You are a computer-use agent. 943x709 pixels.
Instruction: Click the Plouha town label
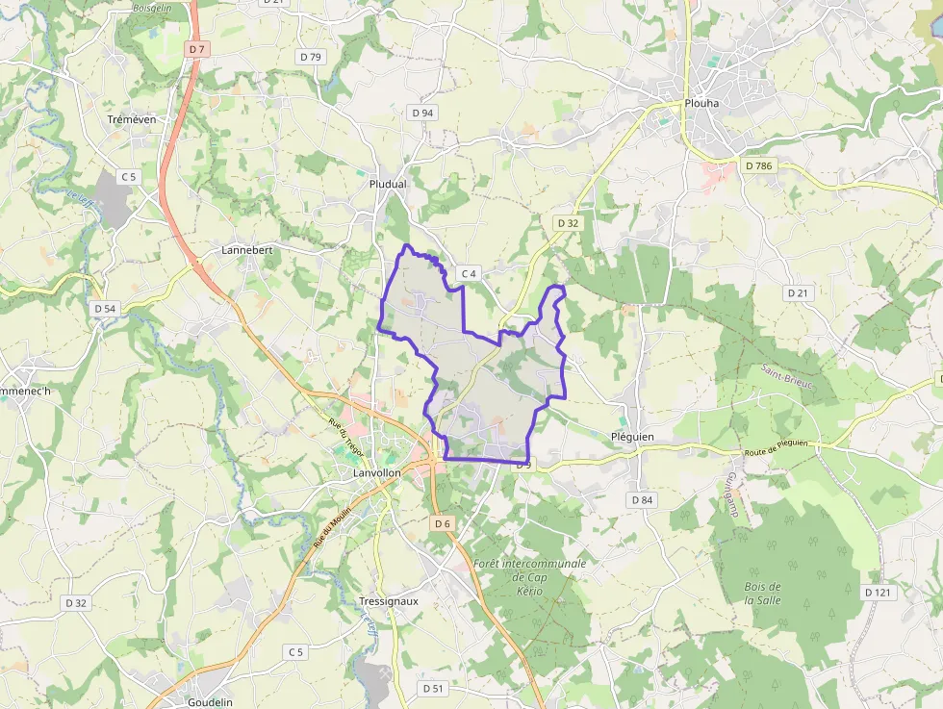701,103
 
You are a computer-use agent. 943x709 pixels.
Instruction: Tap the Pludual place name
388,184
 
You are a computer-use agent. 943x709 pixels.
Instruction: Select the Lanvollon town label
375,474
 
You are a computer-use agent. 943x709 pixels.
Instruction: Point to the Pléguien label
632,437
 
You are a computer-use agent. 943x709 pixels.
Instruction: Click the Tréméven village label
132,119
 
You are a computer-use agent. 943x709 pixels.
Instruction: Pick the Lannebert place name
247,249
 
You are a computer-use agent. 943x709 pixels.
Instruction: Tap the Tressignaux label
388,601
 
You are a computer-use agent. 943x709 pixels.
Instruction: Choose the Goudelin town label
210,702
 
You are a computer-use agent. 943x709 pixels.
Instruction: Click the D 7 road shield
198,48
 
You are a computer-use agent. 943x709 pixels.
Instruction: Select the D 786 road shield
758,166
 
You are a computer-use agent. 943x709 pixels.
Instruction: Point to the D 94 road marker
422,113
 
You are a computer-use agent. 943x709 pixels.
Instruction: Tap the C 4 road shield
469,274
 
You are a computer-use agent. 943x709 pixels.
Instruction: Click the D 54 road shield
105,309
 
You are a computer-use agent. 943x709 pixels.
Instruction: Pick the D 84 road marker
642,500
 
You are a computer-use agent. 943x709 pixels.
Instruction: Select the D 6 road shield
441,523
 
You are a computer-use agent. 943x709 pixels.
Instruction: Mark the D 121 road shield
878,593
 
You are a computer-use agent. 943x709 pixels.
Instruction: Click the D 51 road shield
433,689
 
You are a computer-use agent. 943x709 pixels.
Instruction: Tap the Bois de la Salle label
762,594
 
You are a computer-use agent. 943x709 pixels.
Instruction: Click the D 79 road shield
311,57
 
